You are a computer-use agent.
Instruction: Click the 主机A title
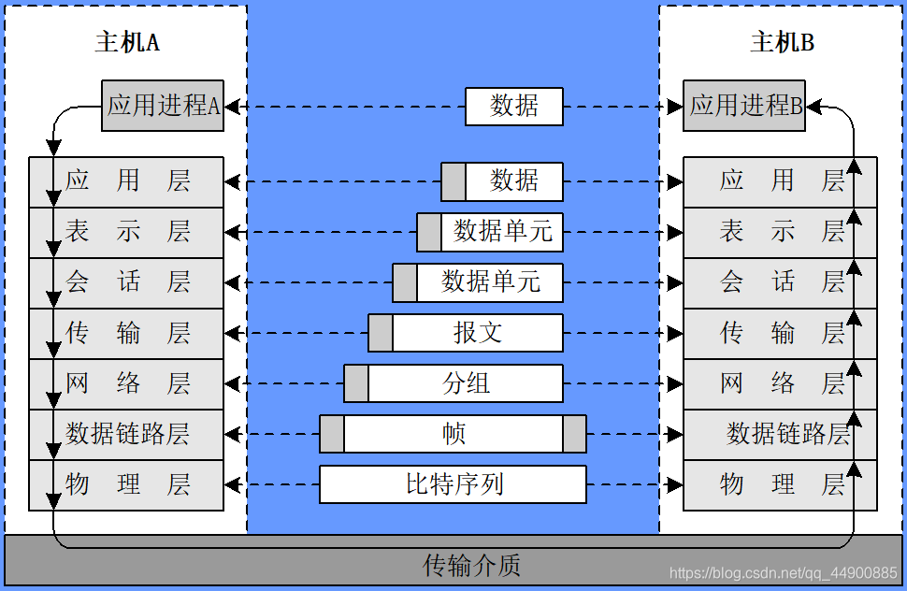coord(127,43)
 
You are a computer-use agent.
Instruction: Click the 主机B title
coord(782,43)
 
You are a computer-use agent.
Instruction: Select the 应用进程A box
coord(163,105)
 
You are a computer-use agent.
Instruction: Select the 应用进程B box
coord(744,105)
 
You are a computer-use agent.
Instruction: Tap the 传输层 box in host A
coord(126,333)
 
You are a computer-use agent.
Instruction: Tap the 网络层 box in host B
coord(781,383)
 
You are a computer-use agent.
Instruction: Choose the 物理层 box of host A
coord(126,484)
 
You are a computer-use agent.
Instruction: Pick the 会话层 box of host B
coord(781,282)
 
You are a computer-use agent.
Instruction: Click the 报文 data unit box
coord(478,333)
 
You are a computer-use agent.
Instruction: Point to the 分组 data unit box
coord(466,383)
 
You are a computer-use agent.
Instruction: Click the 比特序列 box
coord(453,484)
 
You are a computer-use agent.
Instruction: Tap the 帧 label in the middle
coord(453,434)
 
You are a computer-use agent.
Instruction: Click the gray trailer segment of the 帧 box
coord(574,434)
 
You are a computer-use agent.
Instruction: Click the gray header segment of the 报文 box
coord(381,333)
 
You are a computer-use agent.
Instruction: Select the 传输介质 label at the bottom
coord(471,565)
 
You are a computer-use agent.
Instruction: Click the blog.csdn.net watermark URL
coord(784,572)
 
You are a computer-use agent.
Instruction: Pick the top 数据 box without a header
coord(514,106)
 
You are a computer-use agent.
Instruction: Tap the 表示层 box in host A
coord(126,232)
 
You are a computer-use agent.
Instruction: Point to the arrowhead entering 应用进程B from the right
coord(813,107)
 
